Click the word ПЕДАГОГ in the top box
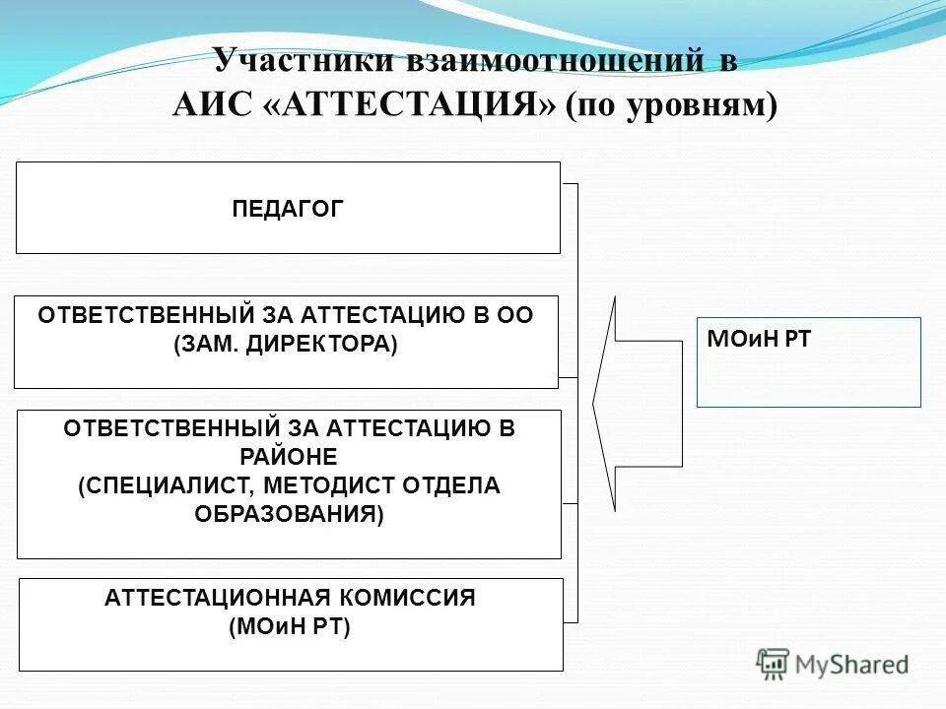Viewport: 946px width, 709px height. click(288, 208)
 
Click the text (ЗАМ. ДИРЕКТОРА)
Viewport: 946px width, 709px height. click(286, 345)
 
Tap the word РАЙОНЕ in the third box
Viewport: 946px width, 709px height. click(288, 457)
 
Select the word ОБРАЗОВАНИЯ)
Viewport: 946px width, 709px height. click(288, 514)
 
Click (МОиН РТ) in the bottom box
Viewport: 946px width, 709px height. click(289, 626)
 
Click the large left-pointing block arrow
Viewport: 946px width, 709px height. click(631, 404)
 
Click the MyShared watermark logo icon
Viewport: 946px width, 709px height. click(774, 664)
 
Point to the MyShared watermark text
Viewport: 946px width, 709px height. click(851, 665)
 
